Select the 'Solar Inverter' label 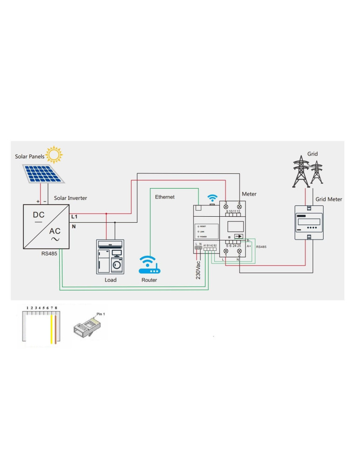coord(71,198)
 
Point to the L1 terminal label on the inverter coord(74,217)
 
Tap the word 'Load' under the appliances coord(110,280)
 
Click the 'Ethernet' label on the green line coord(165,197)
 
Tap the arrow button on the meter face coord(238,237)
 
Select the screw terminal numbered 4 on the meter coord(240,206)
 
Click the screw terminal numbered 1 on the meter coord(226,251)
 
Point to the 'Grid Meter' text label coord(329,199)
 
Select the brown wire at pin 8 coord(56,329)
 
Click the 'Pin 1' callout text coord(100,314)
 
